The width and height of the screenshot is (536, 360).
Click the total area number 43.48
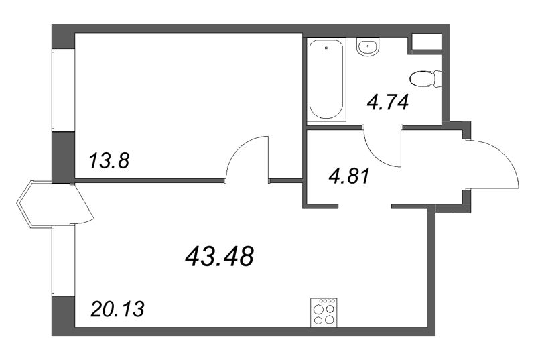[218, 255]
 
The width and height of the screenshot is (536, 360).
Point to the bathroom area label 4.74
[387, 103]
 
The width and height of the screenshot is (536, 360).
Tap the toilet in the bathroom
[424, 78]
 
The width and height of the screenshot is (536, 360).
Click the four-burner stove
[324, 312]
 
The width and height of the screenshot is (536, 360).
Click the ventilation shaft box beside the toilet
[425, 41]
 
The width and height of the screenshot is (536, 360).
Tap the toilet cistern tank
[437, 78]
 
